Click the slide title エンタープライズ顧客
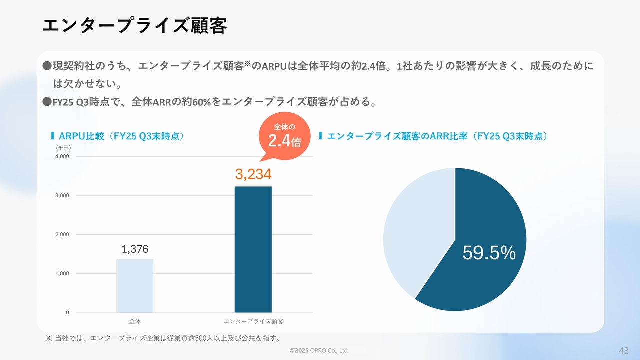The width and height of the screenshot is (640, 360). [134, 26]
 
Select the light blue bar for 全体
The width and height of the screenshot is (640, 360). [135, 286]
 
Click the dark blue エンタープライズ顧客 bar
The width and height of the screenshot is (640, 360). [253, 249]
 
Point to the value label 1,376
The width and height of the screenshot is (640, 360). [135, 249]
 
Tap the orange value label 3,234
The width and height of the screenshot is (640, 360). [253, 174]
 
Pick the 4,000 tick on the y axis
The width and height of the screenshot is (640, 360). [62, 156]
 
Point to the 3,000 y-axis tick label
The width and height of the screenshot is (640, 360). [62, 195]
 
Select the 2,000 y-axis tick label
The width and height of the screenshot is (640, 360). [62, 234]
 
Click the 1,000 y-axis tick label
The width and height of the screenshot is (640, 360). [62, 274]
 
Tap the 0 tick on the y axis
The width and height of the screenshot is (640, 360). [67, 313]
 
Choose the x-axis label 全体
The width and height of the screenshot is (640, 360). [135, 321]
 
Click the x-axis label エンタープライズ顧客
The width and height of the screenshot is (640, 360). [253, 321]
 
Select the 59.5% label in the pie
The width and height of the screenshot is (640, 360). [488, 253]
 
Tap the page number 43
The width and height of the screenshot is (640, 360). [624, 350]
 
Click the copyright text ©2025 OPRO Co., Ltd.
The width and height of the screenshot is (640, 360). [319, 351]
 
